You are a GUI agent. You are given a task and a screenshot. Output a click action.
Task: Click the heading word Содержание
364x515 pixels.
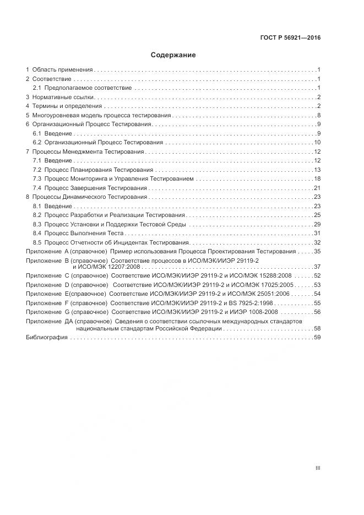(173, 55)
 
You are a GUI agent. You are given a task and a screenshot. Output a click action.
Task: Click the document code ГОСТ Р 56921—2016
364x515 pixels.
(290, 38)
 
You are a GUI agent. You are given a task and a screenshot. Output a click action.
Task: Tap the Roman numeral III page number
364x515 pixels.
(318, 468)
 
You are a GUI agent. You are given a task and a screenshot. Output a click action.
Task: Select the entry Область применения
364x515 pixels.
(62, 70)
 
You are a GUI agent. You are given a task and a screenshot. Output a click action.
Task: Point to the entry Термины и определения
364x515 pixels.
(67, 106)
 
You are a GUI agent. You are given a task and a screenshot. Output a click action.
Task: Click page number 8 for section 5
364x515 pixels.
(319, 115)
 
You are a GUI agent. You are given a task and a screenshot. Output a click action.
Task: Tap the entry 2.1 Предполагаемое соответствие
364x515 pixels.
(82, 88)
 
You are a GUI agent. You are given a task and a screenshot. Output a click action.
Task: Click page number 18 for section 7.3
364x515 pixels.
(317, 178)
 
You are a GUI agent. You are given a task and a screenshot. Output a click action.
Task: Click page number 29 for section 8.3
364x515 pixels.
(317, 224)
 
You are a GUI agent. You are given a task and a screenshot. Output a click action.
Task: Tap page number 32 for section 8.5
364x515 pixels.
(317, 242)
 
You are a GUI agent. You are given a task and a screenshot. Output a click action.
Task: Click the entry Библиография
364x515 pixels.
(47, 337)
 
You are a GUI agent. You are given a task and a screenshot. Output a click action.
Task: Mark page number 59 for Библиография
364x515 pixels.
(317, 337)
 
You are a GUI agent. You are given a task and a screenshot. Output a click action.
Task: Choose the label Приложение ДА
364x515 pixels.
(46, 321)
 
